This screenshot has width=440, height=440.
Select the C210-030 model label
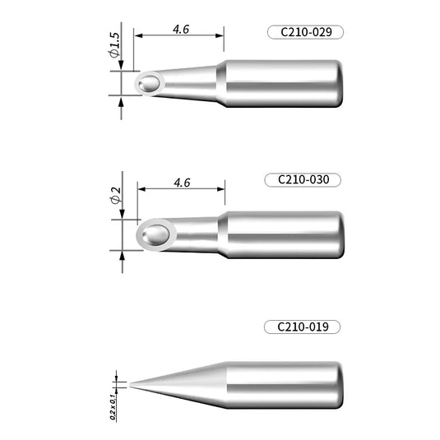pyautogui.click(x=304, y=179)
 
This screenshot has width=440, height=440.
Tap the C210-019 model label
pyautogui.click(x=303, y=327)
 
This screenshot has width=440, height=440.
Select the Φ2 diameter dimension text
pyautogui.click(x=115, y=197)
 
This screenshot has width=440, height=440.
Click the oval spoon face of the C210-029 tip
pyautogui.click(x=150, y=83)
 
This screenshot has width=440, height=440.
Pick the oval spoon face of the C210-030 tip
pyautogui.click(x=154, y=235)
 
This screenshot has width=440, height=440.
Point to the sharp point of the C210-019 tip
pyautogui.click(x=130, y=384)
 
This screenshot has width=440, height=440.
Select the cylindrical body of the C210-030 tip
pyautogui.click(x=284, y=234)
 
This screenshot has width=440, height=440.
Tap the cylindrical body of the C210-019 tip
pyautogui.click(x=284, y=384)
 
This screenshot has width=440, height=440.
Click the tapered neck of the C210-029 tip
pyautogui.click(x=192, y=83)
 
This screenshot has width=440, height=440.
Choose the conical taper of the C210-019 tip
pyautogui.click(x=185, y=384)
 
